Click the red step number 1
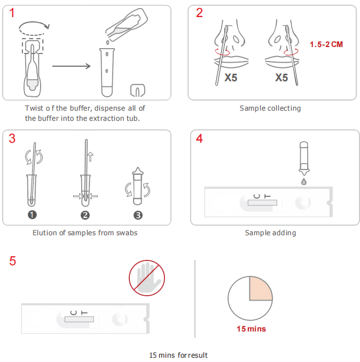12,13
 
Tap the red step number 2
199,13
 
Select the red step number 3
12,138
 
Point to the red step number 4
199,138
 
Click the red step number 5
13,261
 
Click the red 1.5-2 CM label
326,44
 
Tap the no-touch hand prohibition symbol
147,278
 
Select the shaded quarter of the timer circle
260,289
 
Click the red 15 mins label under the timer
251,329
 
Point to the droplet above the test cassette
304,181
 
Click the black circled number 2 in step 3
85,215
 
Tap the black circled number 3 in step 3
138,215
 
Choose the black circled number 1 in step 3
32,215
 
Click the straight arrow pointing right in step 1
72,66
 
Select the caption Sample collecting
270,108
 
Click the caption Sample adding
270,233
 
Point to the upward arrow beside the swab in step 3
90,157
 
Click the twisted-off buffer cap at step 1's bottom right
138,90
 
